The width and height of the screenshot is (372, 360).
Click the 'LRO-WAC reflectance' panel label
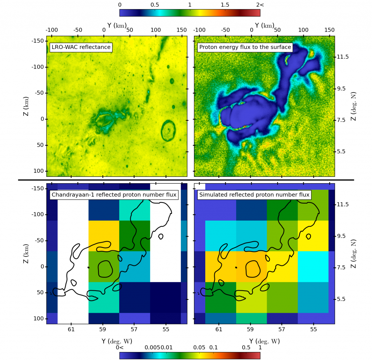tap(80, 47)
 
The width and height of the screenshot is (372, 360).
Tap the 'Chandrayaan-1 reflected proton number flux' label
tap(114, 195)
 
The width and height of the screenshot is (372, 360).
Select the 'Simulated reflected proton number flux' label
tap(254, 195)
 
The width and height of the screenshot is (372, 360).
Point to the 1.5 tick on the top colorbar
tap(225, 4)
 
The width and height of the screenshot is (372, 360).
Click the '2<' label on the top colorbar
tap(259, 4)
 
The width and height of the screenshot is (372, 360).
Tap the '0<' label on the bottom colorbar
tap(120, 347)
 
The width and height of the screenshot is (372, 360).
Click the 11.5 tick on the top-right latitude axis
tap(343, 57)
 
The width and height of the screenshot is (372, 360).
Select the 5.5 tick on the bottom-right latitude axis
tap(343, 299)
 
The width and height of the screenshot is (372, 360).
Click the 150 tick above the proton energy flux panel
tap(329, 29)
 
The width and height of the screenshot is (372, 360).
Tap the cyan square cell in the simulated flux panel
tap(313, 266)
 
